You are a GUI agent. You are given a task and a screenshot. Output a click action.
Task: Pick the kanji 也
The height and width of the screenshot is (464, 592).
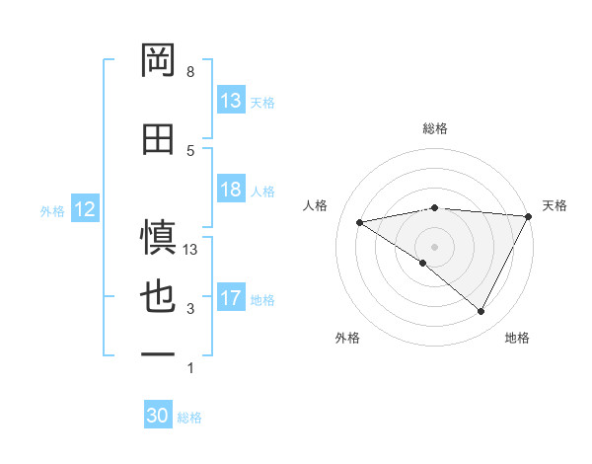point(158,298)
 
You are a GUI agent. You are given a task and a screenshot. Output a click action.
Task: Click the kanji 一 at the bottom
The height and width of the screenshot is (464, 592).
point(158,353)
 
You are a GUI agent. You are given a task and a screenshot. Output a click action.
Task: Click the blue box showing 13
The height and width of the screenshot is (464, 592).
point(231,101)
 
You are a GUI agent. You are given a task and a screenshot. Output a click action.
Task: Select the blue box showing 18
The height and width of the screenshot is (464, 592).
point(231,191)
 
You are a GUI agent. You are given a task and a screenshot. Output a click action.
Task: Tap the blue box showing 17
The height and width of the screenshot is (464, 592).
point(231,298)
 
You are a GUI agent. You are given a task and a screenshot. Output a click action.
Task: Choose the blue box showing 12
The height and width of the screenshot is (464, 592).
point(85,209)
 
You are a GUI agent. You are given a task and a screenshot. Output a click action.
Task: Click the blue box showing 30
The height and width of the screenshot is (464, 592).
point(158,417)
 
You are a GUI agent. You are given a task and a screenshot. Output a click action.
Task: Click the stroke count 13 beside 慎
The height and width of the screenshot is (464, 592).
point(191,250)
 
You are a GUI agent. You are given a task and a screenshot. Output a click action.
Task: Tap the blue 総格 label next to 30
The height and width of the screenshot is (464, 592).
point(189,418)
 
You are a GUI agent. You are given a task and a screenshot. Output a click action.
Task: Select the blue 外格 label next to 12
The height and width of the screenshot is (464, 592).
point(52,210)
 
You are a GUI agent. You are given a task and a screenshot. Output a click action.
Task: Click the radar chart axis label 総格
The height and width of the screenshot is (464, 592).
point(435,128)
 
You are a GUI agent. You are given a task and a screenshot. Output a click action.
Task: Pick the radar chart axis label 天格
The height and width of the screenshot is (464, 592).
point(555,205)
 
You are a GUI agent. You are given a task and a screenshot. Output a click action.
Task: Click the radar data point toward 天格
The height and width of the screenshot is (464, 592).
point(529,216)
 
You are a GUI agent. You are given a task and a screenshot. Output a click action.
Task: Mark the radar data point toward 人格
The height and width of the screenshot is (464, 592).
point(360,222)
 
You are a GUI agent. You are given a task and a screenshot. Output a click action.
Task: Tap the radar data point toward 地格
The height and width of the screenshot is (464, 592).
point(481,312)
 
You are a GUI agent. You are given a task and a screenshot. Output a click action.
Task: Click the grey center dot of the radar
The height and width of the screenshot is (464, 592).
point(434,245)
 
